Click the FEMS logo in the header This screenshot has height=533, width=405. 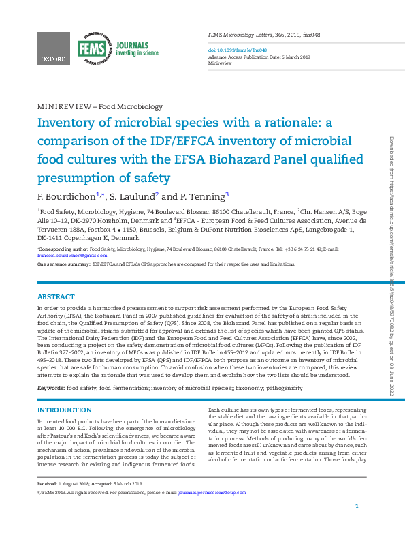89,48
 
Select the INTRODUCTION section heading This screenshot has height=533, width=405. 64,410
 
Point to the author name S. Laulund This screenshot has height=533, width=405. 134,196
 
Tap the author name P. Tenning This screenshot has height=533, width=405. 204,196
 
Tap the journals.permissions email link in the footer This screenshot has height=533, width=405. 212,491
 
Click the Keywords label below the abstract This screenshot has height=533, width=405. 51,387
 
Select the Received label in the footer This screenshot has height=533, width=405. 49,483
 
